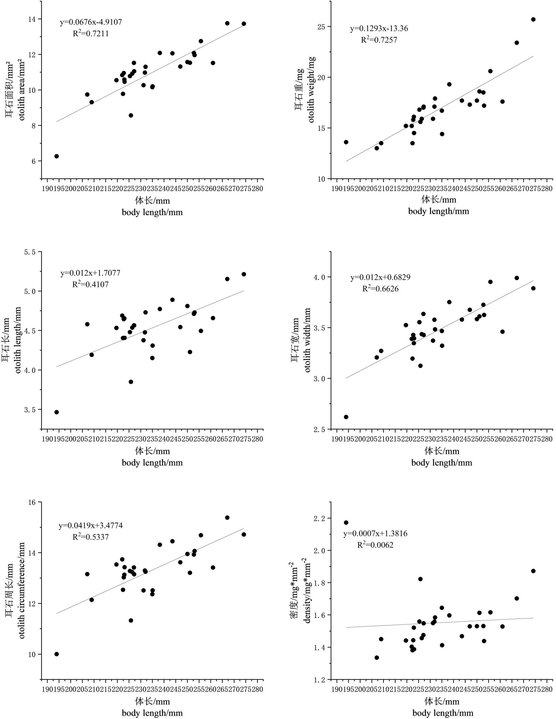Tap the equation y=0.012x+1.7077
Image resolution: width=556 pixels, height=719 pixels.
point(90,273)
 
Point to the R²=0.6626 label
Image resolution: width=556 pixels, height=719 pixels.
point(380,289)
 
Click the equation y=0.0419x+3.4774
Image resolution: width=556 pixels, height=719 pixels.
point(91,525)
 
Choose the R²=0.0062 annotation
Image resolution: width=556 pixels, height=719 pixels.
point(375,545)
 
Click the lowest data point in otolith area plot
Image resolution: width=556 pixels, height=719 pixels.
point(57,156)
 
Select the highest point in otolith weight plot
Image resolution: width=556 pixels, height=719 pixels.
point(533,19)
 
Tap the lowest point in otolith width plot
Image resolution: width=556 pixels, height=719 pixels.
point(346,417)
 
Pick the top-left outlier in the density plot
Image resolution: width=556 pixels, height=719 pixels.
point(346,523)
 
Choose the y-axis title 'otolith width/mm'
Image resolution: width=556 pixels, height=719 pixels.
point(307,340)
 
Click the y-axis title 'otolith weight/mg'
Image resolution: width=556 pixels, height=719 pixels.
point(311,89)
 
